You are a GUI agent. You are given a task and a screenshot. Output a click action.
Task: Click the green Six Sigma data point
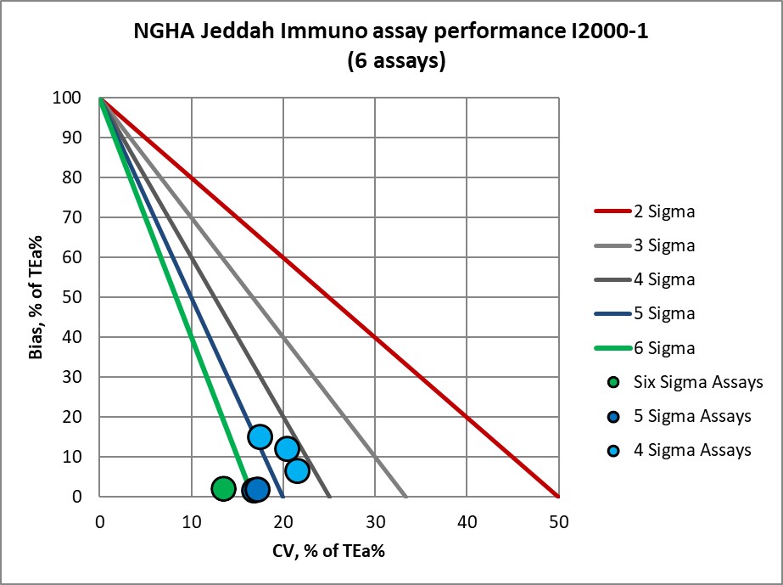point(223,488)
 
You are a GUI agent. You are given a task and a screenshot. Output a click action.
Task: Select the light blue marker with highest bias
point(260,436)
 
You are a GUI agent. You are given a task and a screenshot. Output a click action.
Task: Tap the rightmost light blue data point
point(297,470)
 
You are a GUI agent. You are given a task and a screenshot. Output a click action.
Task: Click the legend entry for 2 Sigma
point(664,211)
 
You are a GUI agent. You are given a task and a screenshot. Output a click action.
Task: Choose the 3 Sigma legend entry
point(664,245)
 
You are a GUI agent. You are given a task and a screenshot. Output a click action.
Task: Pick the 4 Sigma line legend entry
point(664,279)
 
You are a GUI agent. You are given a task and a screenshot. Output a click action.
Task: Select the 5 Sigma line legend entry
point(664,313)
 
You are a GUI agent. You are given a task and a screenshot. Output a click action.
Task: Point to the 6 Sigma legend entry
point(664,348)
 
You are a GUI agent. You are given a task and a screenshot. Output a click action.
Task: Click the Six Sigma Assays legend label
point(698,382)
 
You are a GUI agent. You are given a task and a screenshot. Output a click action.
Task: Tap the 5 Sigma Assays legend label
point(692,416)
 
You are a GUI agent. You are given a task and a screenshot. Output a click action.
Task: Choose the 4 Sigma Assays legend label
point(692,450)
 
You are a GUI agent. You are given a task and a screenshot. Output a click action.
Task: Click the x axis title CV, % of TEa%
point(329,550)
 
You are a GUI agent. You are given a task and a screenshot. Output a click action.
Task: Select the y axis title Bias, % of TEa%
point(36,297)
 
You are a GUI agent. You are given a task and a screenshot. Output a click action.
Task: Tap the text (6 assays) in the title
point(396,62)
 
